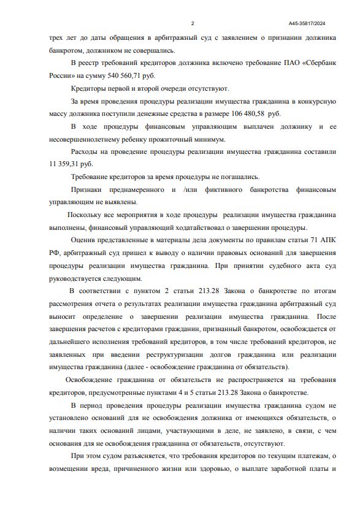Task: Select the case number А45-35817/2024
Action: tap(307, 23)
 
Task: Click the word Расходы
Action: tap(86, 151)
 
